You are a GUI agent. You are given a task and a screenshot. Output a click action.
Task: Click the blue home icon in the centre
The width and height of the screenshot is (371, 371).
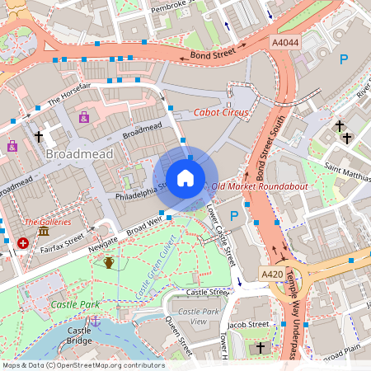click(185, 178)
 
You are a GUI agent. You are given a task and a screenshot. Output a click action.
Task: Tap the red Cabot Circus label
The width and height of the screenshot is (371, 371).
click(219, 112)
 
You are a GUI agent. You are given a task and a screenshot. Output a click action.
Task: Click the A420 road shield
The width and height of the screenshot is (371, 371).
click(272, 274)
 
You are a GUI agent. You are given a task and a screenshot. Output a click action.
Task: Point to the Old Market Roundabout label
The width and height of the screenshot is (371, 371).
click(260, 187)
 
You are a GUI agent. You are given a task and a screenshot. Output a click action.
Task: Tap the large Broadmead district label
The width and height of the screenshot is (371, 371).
click(80, 154)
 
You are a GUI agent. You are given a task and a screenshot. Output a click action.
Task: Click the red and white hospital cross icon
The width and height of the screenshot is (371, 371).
click(23, 243)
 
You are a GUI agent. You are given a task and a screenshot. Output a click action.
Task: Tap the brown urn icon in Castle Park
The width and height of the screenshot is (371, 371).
click(109, 263)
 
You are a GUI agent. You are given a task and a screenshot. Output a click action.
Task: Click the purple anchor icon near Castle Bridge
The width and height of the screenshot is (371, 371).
click(95, 321)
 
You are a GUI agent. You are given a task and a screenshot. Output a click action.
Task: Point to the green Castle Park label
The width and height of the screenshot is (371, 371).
click(75, 304)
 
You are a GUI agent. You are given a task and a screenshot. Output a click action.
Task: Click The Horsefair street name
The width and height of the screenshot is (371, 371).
click(68, 97)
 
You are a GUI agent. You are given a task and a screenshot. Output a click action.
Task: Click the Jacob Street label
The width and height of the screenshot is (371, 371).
click(249, 325)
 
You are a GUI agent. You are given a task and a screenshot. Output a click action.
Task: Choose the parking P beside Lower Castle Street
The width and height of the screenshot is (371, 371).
click(234, 216)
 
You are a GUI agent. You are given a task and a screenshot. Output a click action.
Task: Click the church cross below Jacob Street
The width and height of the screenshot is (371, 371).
click(261, 349)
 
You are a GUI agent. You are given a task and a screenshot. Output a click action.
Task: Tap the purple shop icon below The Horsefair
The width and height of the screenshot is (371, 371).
click(84, 118)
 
